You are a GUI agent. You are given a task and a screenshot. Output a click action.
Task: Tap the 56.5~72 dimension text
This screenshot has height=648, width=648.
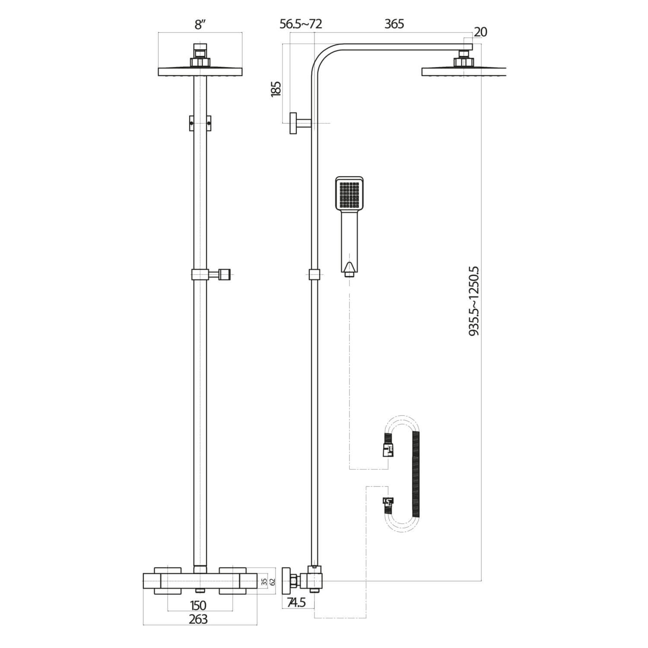pyautogui.click(x=301, y=24)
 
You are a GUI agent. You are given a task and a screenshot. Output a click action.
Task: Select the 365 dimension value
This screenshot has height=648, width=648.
pyautogui.click(x=394, y=24)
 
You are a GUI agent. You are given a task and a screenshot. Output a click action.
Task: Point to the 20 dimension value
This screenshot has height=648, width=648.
pyautogui.click(x=480, y=32)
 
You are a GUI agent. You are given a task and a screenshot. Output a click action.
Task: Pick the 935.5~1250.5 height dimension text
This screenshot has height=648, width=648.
pyautogui.click(x=474, y=301)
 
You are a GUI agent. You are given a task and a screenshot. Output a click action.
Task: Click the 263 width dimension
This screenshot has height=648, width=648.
pyautogui.click(x=198, y=619)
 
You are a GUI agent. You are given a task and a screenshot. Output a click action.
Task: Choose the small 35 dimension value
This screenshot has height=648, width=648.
pyautogui.click(x=264, y=581)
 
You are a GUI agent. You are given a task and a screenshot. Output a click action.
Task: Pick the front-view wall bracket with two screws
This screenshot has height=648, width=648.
pyautogui.click(x=200, y=123)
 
